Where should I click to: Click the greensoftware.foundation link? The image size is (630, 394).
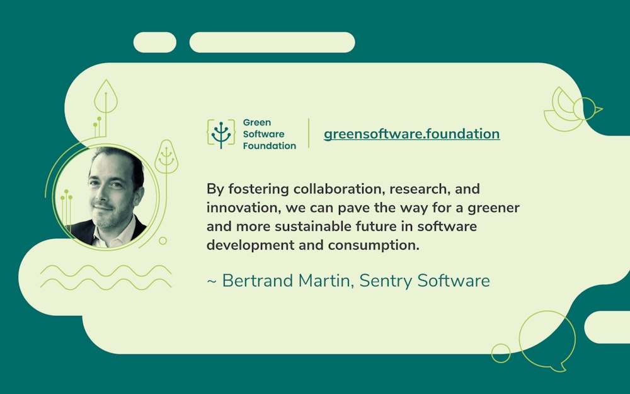click(x=411, y=134)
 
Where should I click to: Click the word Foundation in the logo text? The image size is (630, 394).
click(x=269, y=146)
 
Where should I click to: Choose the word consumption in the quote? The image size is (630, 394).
click(x=374, y=245)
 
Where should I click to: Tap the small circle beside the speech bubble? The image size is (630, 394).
click(x=501, y=353)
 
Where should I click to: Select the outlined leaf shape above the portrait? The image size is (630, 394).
click(x=106, y=96)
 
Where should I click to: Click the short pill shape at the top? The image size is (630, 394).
click(x=155, y=42)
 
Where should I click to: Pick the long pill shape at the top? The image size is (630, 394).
click(x=272, y=42)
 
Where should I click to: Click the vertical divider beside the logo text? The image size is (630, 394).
click(x=309, y=133)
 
